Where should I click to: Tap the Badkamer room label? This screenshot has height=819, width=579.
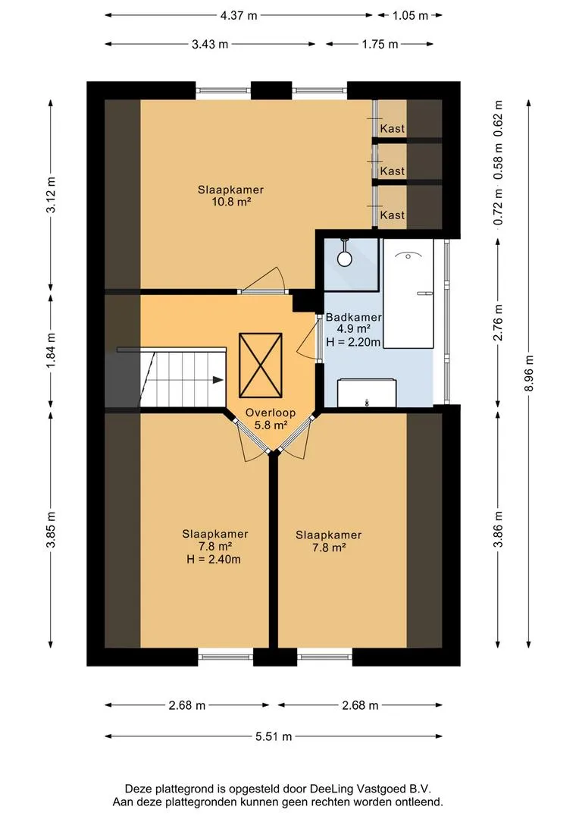[353, 317]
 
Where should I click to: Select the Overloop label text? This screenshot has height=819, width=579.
[271, 413]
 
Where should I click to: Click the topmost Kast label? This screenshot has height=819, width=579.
[392, 128]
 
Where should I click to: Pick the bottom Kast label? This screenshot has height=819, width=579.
[392, 215]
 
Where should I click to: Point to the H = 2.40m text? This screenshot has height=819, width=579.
[214, 560]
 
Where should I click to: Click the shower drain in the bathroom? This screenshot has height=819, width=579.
[345, 258]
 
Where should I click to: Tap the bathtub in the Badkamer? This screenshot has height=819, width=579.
[408, 293]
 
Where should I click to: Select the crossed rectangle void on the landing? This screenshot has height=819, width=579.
[261, 365]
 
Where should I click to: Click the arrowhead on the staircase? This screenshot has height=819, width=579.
[218, 380]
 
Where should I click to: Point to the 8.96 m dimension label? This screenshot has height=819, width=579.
[530, 373]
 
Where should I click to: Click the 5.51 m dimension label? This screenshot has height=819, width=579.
[274, 736]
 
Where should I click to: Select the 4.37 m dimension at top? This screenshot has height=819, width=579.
[239, 15]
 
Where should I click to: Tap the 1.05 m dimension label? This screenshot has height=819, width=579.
[410, 15]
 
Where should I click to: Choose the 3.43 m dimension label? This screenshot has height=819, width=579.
[210, 45]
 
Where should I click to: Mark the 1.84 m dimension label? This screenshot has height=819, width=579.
[51, 350]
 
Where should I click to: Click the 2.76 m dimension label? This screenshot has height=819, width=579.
[498, 322]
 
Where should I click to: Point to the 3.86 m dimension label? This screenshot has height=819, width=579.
[498, 529]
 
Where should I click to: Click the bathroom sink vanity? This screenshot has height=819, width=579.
[367, 393]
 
